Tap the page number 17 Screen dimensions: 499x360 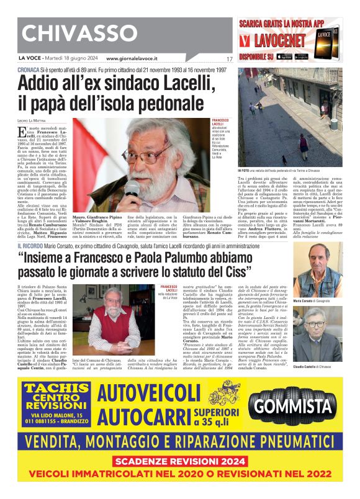229,59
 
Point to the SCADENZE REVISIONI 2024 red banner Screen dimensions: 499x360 180,461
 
